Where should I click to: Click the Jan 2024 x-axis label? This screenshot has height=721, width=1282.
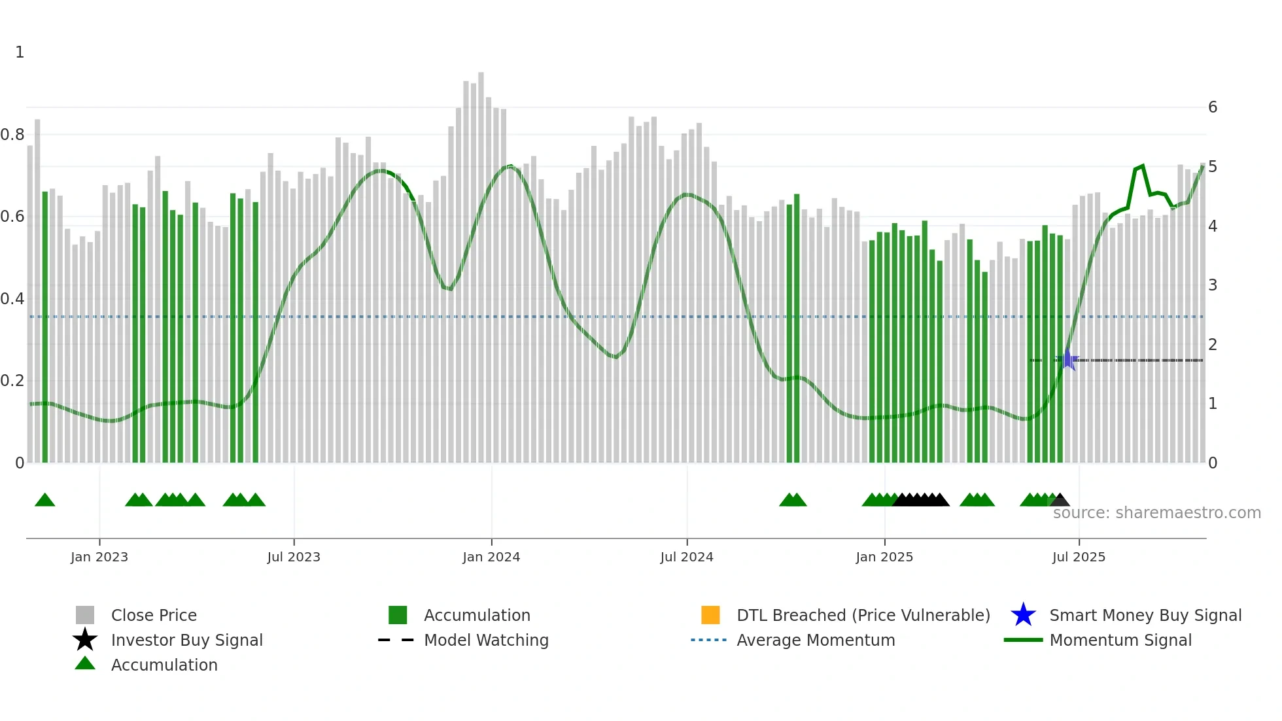(x=491, y=557)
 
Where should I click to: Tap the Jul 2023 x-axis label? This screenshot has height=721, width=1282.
(x=294, y=557)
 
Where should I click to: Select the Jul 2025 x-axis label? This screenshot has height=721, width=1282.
(x=1079, y=557)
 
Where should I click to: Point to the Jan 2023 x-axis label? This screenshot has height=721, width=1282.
(x=99, y=557)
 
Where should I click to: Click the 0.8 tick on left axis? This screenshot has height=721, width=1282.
(x=12, y=135)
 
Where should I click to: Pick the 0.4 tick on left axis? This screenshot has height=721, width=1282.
(x=12, y=299)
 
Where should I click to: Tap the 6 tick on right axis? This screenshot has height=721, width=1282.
(x=1213, y=107)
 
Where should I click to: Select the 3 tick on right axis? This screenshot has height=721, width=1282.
(x=1213, y=285)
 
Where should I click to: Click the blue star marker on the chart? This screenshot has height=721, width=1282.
(x=1068, y=360)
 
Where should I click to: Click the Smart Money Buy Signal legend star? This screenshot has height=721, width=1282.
(x=1023, y=615)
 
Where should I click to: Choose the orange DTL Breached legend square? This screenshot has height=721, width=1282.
(x=710, y=615)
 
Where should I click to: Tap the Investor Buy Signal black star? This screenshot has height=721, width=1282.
(x=85, y=640)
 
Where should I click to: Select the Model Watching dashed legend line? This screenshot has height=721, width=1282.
(x=396, y=640)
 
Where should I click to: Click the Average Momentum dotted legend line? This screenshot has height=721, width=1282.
(x=708, y=640)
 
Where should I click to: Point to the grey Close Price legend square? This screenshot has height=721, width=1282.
(x=85, y=615)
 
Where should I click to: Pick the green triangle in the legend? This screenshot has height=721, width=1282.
(x=85, y=664)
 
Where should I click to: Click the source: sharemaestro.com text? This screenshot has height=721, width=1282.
(x=1156, y=513)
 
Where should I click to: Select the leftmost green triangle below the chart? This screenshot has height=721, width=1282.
(x=44, y=501)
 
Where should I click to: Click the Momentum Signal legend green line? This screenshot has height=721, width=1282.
(x=1023, y=640)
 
